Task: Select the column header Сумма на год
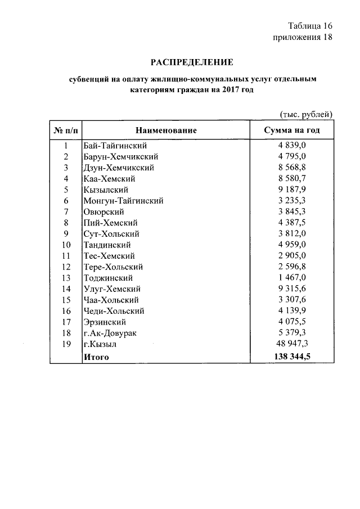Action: pos(292,130)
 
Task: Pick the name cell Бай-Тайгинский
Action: pos(115,146)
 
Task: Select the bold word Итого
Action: pos(96,357)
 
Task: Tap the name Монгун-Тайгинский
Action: pos(123,201)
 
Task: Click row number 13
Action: pos(65,278)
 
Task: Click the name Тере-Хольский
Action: pos(112,267)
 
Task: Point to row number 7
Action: pos(65,211)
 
